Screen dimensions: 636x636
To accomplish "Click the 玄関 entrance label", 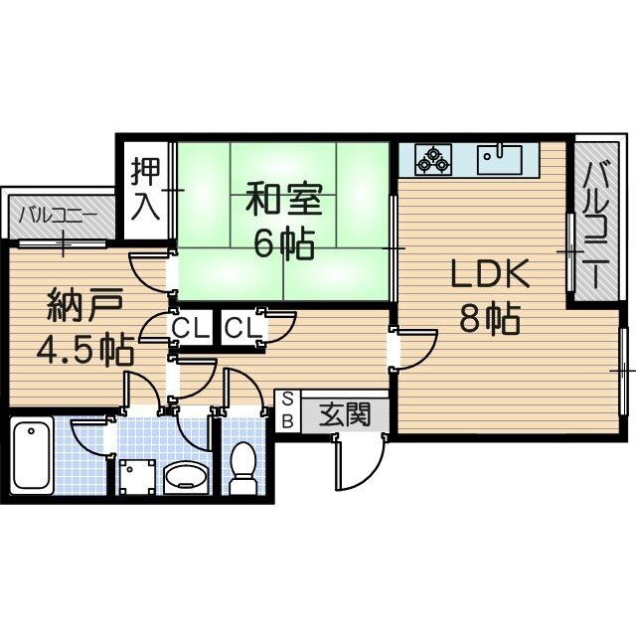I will pyautogui.click(x=344, y=414).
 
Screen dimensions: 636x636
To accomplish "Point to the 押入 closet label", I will pyautogui.click(x=145, y=188).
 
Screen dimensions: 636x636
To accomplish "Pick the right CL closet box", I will pyautogui.click(x=241, y=327).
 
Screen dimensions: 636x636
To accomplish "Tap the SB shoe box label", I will pyautogui.click(x=287, y=409).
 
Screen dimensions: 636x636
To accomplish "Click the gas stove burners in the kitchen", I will pyautogui.click(x=433, y=158).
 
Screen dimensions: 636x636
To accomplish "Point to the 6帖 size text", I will pyautogui.click(x=283, y=243).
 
